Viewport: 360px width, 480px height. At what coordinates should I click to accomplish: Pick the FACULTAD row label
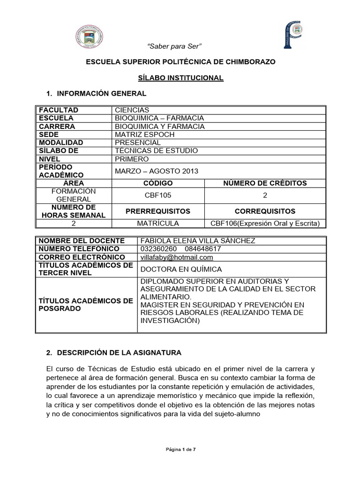(x=59, y=110)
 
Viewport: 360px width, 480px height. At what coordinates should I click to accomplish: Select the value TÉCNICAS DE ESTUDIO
(x=156, y=151)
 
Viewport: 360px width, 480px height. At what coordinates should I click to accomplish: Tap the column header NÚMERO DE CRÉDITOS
(x=265, y=183)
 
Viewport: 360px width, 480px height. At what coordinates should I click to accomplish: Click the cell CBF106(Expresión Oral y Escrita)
(x=265, y=224)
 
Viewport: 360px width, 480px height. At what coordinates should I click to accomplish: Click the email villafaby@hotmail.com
(x=176, y=257)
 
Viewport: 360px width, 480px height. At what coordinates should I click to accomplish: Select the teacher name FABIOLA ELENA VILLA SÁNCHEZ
(x=197, y=240)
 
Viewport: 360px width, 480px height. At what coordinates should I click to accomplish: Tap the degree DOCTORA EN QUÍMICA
(x=181, y=269)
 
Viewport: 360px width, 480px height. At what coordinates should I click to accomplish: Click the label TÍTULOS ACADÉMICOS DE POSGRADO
(x=86, y=305)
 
